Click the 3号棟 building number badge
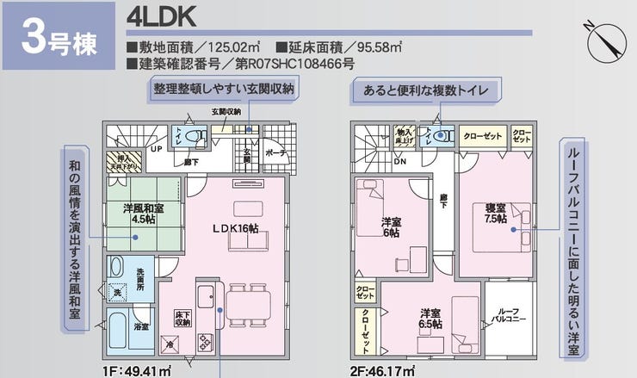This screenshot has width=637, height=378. tap(56, 37)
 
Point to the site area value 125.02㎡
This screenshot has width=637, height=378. tap(224, 46)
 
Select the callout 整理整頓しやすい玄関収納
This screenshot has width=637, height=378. tap(224, 90)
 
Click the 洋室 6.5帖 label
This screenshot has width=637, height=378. tap(431, 319)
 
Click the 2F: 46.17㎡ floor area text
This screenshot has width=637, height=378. tap(382, 371)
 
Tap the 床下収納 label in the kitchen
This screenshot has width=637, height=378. tap(182, 319)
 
